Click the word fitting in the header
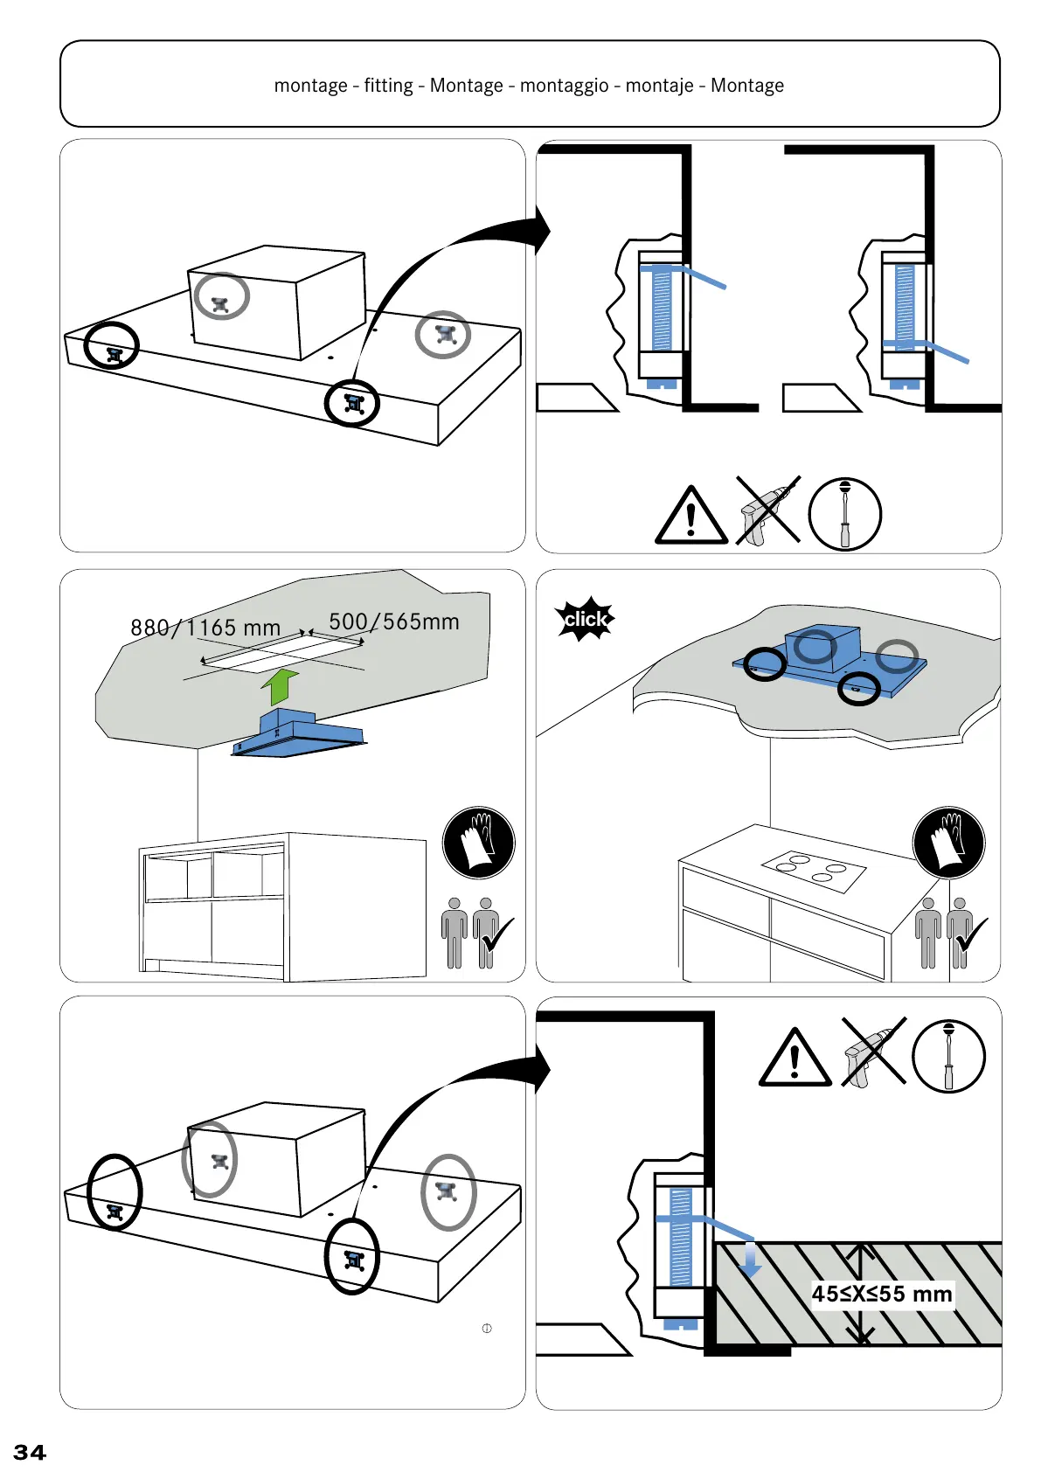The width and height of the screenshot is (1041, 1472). pyautogui.click(x=388, y=86)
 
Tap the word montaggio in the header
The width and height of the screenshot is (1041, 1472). pyautogui.click(x=564, y=86)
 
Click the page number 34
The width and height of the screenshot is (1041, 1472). pyautogui.click(x=30, y=1452)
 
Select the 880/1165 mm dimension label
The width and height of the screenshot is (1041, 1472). pyautogui.click(x=205, y=628)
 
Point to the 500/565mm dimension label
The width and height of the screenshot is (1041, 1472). pyautogui.click(x=393, y=621)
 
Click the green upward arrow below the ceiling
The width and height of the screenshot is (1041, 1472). pyautogui.click(x=280, y=686)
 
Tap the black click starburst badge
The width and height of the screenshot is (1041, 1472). pyautogui.click(x=586, y=619)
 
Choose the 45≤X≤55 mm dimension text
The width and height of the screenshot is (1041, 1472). pyautogui.click(x=881, y=1294)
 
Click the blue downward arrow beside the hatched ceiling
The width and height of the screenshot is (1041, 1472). pyautogui.click(x=750, y=1260)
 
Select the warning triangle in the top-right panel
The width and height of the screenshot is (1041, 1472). pyautogui.click(x=691, y=517)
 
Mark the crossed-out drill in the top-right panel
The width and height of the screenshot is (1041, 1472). pyautogui.click(x=767, y=511)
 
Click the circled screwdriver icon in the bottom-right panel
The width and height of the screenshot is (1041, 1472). pyautogui.click(x=948, y=1056)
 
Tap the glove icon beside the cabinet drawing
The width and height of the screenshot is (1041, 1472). pyautogui.click(x=478, y=843)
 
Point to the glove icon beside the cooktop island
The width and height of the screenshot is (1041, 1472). pyautogui.click(x=948, y=843)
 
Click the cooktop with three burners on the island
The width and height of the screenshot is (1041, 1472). pyautogui.click(x=814, y=871)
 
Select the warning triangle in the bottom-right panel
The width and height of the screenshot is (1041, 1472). pyautogui.click(x=795, y=1059)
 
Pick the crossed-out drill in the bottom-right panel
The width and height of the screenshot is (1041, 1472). pyautogui.click(x=872, y=1052)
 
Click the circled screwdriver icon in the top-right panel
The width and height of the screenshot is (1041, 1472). pyautogui.click(x=844, y=514)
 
